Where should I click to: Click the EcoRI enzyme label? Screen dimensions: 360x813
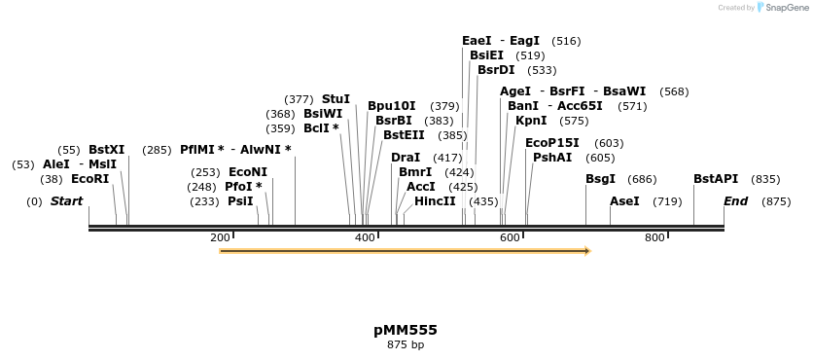[89, 179]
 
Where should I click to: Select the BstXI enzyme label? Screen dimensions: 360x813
[106, 150]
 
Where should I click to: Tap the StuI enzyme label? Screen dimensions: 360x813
[336, 99]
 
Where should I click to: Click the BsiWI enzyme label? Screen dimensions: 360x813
[323, 114]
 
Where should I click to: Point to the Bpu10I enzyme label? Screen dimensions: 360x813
[391, 106]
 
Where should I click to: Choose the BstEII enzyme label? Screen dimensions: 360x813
[404, 135]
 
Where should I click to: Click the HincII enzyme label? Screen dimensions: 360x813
[435, 201]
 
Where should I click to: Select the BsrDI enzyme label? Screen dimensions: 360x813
[496, 70]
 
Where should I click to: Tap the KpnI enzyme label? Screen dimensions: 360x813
[531, 121]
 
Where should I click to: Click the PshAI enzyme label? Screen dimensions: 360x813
[552, 158]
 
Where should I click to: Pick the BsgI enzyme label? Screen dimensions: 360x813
[600, 179]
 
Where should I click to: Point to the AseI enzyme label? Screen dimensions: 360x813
[624, 201]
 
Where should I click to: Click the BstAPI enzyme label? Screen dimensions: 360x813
[716, 179]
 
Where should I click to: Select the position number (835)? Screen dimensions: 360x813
[766, 179]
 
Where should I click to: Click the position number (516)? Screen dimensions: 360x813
[566, 41]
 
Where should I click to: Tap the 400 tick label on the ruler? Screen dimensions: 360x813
[365, 238]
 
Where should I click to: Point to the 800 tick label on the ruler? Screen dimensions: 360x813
[654, 238]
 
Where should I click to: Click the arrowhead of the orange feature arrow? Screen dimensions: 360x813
[586, 251]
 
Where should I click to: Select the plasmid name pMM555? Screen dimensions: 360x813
[406, 330]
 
